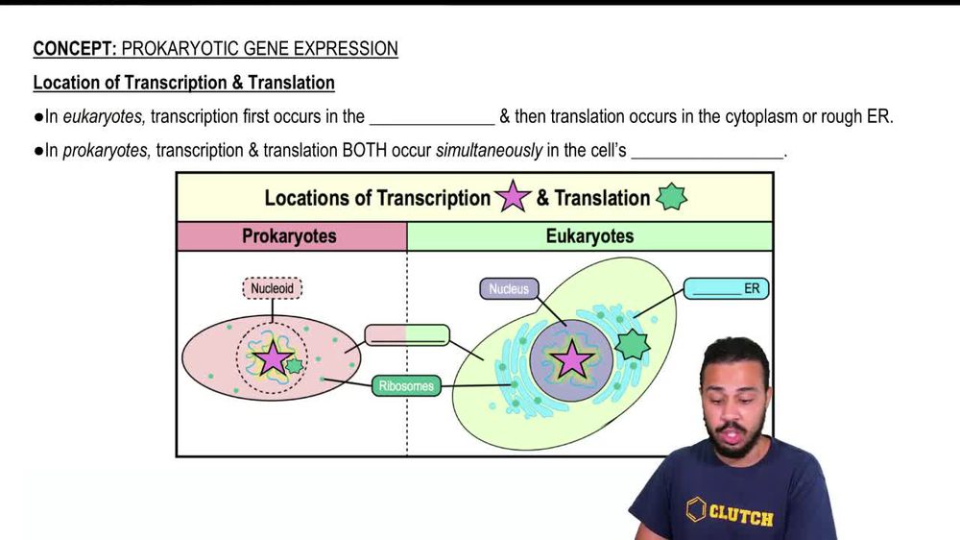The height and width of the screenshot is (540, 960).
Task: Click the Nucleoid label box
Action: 273,287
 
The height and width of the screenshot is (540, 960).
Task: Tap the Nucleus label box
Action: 509,288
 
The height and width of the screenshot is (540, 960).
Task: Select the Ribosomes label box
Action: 407,386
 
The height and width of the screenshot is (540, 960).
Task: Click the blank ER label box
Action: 727,288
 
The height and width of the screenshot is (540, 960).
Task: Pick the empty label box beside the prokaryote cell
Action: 407,335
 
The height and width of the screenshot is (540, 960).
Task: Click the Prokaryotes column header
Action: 289,236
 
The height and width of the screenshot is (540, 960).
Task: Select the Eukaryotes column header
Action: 589,236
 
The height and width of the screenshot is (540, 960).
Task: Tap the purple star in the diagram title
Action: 513,198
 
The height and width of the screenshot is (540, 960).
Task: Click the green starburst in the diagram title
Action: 671,198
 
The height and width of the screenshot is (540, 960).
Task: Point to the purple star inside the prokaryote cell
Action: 274,358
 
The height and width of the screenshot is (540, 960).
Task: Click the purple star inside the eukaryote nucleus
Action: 573,358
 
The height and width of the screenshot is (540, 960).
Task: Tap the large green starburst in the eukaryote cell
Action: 633,344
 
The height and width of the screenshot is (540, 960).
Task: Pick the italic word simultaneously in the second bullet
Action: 490,151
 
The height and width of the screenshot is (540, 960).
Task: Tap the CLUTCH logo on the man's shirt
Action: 730,513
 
